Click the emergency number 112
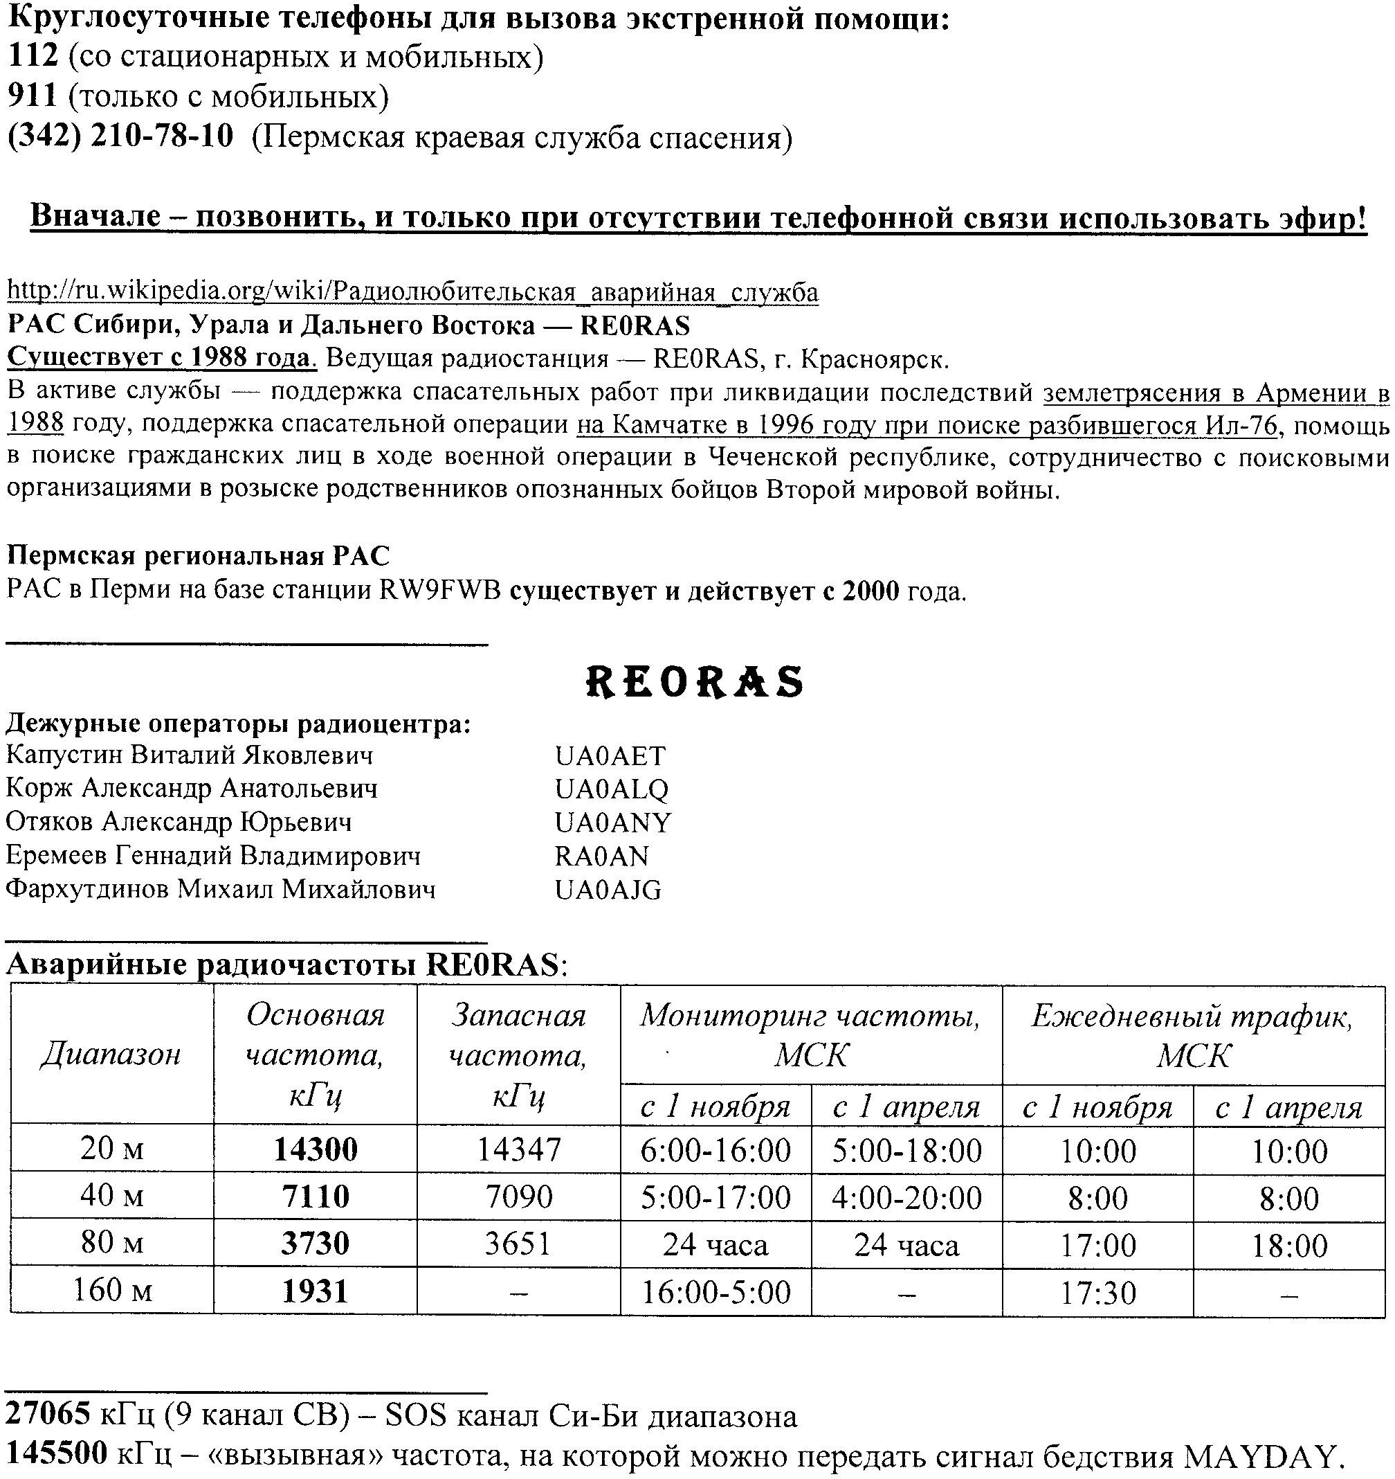[x=32, y=57]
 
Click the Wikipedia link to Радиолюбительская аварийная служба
[x=412, y=292]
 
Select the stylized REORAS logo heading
[x=695, y=681]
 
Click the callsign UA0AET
[x=610, y=756]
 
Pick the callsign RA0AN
[x=601, y=857]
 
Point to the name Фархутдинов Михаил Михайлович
[x=221, y=890]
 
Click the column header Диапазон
[x=111, y=1054]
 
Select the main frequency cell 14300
[x=316, y=1150]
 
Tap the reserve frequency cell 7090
[x=518, y=1197]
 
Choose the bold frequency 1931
[x=316, y=1291]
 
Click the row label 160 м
[x=112, y=1289]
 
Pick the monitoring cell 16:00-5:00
[x=715, y=1291]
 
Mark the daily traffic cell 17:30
[x=1097, y=1292]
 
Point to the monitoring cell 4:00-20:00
[x=906, y=1198]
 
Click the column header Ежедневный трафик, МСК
[x=1193, y=1035]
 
